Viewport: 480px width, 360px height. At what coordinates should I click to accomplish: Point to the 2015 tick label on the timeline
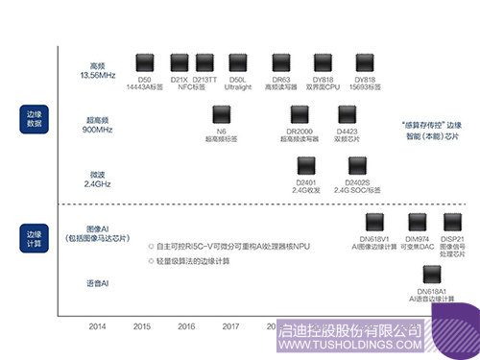click(x=142, y=327)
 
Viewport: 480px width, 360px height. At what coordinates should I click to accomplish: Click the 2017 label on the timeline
click(x=230, y=327)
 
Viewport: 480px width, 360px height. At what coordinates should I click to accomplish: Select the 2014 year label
click(x=98, y=327)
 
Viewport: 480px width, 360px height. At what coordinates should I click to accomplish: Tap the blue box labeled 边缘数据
click(x=36, y=118)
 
